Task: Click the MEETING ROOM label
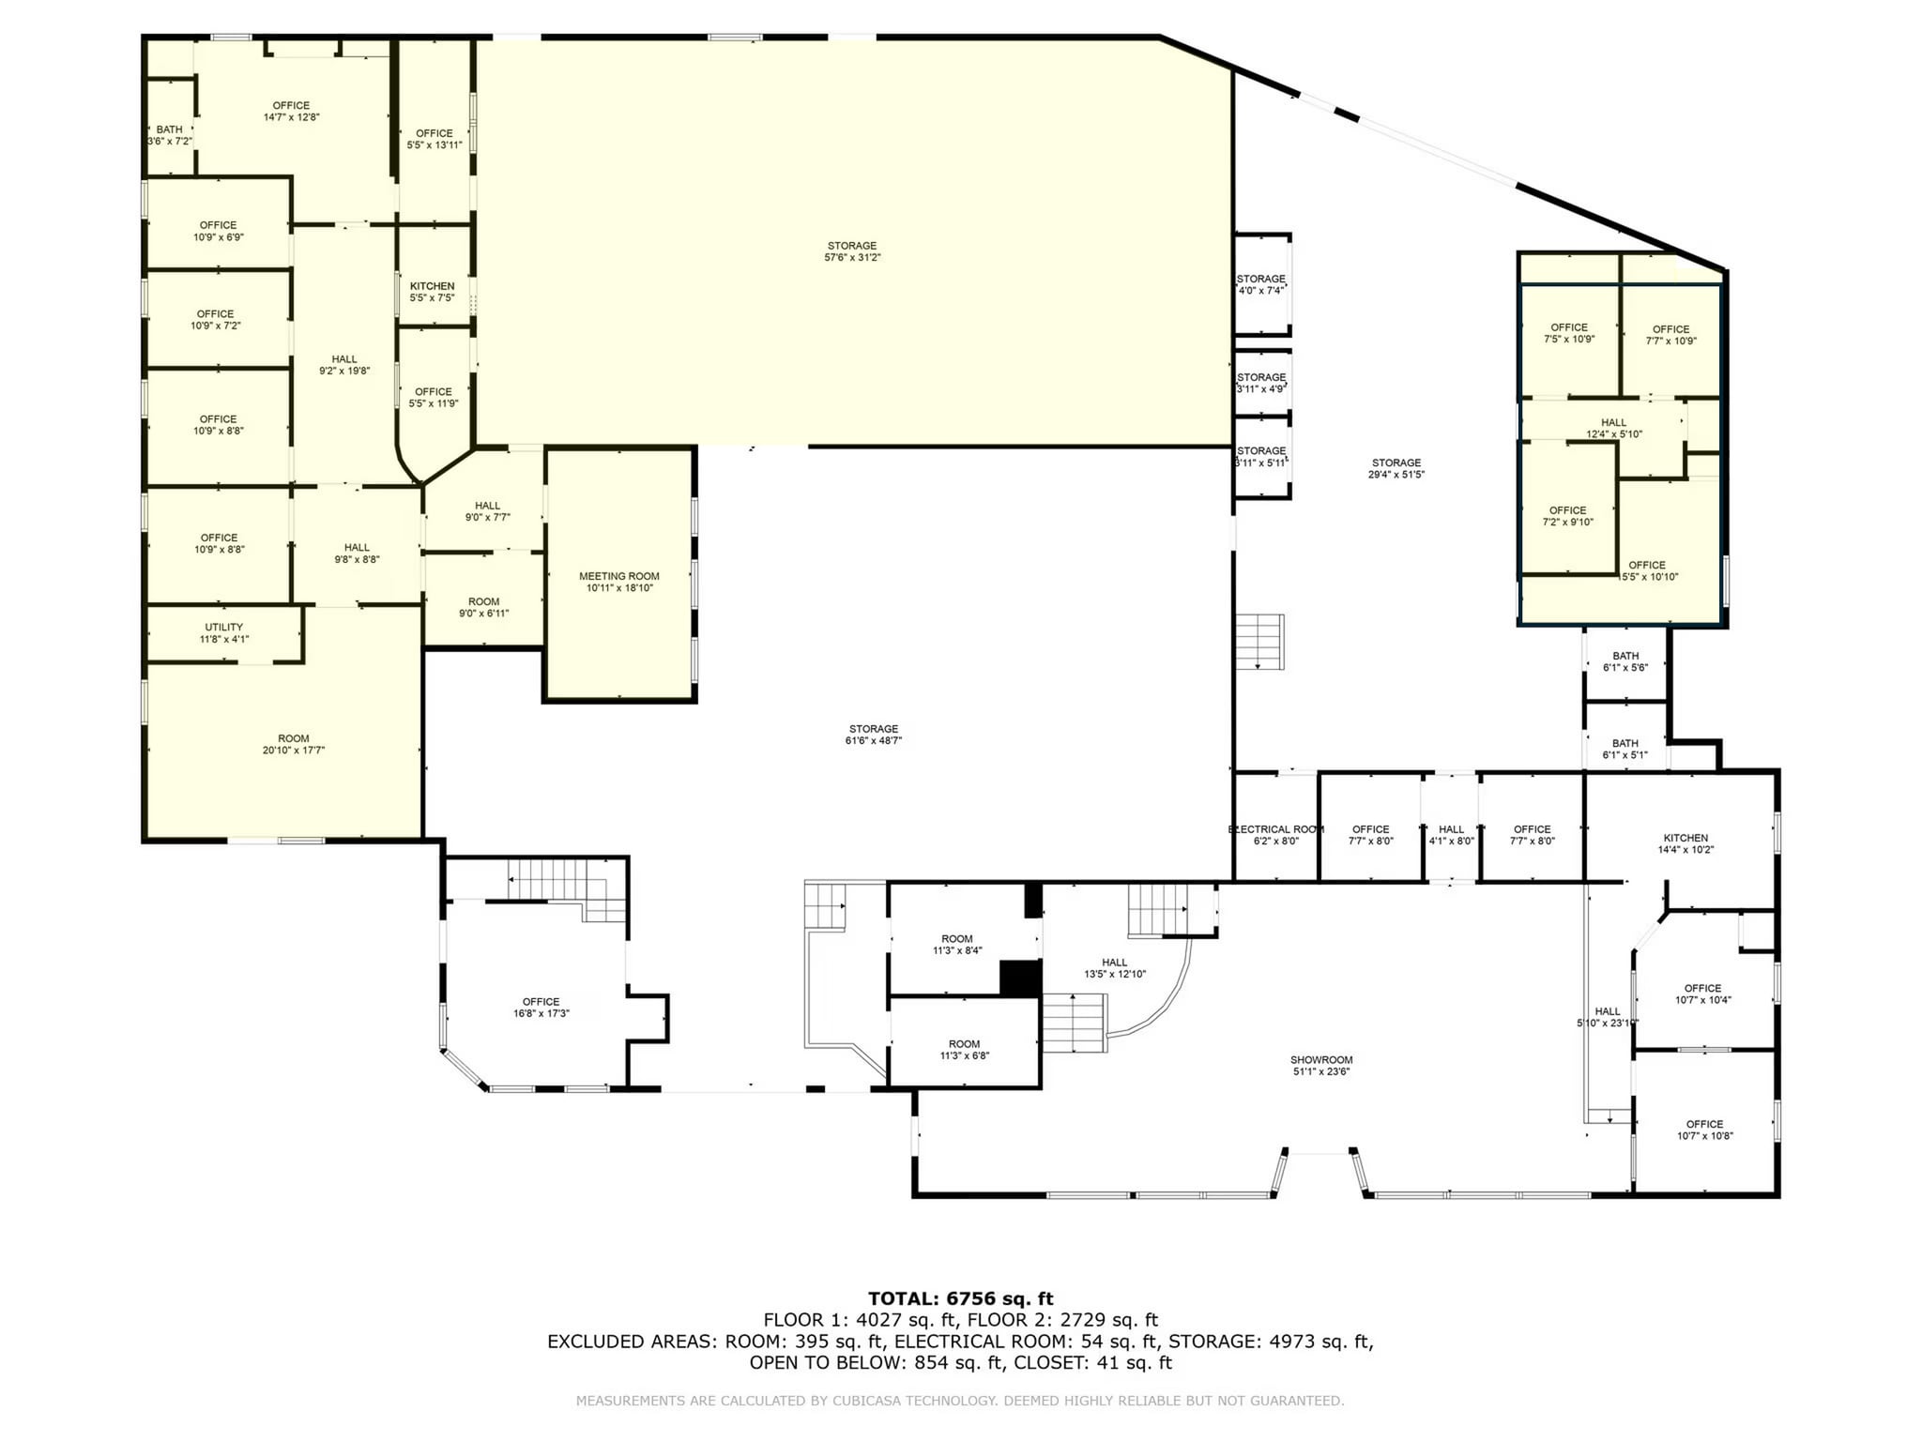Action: coord(618,582)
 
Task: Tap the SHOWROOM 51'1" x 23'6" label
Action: coord(1320,1065)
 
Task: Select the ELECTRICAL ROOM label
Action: coord(1275,835)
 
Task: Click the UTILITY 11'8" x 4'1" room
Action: coord(223,633)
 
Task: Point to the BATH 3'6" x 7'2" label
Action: coord(170,135)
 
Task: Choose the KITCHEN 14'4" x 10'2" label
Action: coord(1686,843)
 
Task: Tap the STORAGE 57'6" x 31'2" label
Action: coord(852,251)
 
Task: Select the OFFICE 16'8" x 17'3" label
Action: coord(541,1008)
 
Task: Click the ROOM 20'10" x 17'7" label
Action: coord(293,744)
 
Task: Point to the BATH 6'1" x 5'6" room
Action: coord(1625,661)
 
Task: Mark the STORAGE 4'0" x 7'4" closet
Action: coord(1260,284)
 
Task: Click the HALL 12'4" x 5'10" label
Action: coord(1613,428)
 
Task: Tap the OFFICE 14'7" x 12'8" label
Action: coord(291,111)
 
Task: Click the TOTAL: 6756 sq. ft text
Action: coord(960,1298)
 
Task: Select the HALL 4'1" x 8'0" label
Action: coord(1451,835)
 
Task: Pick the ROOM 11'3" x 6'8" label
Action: coord(964,1049)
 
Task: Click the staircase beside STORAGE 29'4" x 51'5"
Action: coord(1259,642)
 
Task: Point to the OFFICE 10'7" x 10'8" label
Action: coord(1704,1130)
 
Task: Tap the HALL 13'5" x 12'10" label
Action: coord(1114,967)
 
